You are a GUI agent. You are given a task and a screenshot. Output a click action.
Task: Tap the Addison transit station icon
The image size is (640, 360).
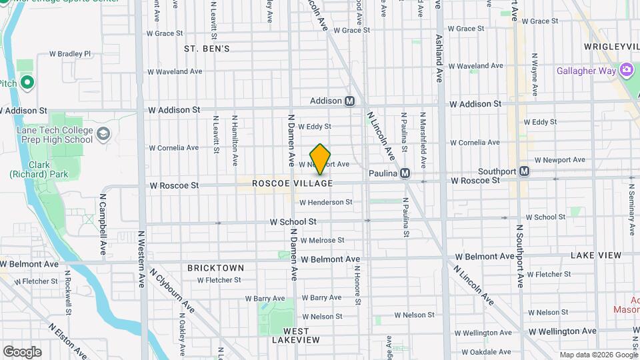349,101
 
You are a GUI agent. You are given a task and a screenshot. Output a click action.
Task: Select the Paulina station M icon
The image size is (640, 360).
405,173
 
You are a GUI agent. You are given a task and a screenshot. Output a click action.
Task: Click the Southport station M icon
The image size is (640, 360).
525,171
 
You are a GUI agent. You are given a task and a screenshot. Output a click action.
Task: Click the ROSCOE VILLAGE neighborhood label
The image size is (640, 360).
292,183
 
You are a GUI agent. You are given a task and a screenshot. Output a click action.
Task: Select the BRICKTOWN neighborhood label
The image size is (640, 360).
215,268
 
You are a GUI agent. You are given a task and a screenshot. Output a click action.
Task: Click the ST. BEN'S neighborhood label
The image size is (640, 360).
207,49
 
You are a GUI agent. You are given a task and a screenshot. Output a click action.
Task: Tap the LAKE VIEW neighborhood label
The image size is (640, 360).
595,255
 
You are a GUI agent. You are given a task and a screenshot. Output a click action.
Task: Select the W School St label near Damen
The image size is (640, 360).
293,221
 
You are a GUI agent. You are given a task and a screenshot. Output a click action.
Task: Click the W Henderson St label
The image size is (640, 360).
325,202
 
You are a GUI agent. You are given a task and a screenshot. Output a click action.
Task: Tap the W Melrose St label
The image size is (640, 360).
322,240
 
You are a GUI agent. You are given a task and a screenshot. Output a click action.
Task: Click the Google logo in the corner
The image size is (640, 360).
22,352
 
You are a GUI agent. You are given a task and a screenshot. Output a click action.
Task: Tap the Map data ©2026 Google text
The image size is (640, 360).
599,355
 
